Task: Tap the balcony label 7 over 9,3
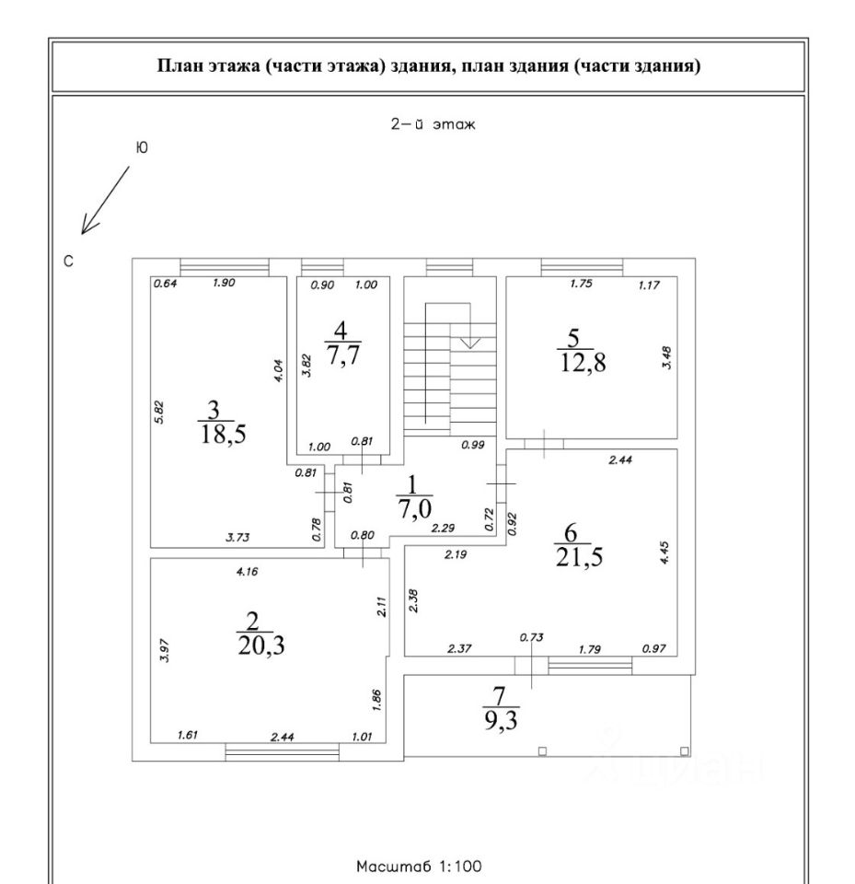[x=499, y=710]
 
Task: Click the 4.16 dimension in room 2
[x=247, y=571]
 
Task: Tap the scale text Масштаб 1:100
[x=417, y=867]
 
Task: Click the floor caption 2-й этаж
[x=432, y=124]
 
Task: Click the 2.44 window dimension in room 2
[x=282, y=736]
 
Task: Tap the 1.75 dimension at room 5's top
[x=580, y=284]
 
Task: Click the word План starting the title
[x=178, y=66]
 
